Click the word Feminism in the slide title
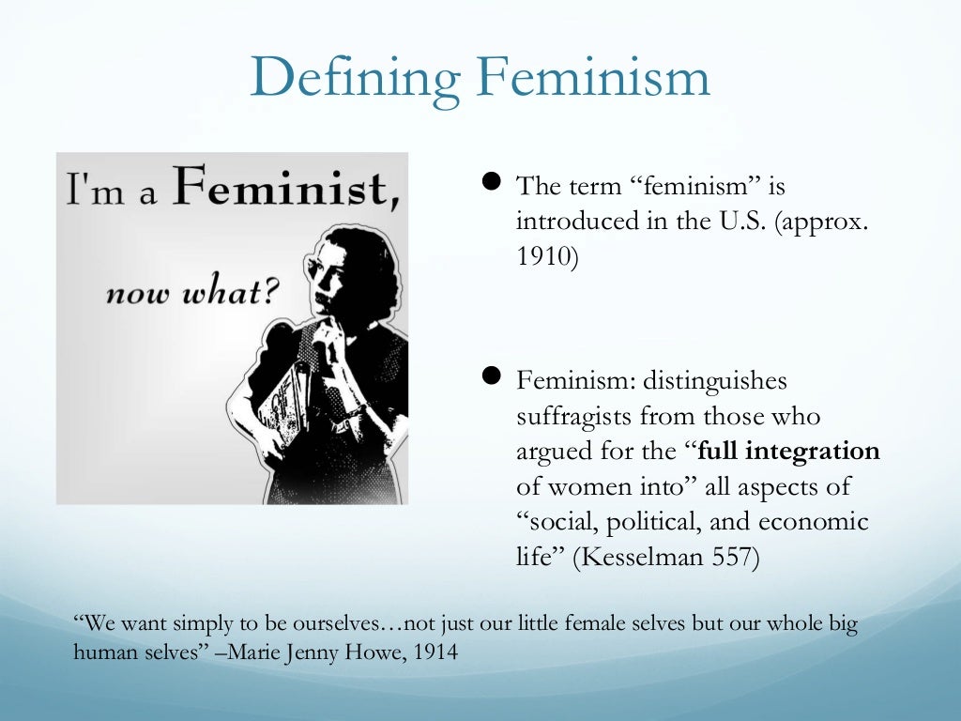point(594,80)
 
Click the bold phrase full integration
point(789,452)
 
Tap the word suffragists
point(574,417)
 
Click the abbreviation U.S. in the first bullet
point(739,221)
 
